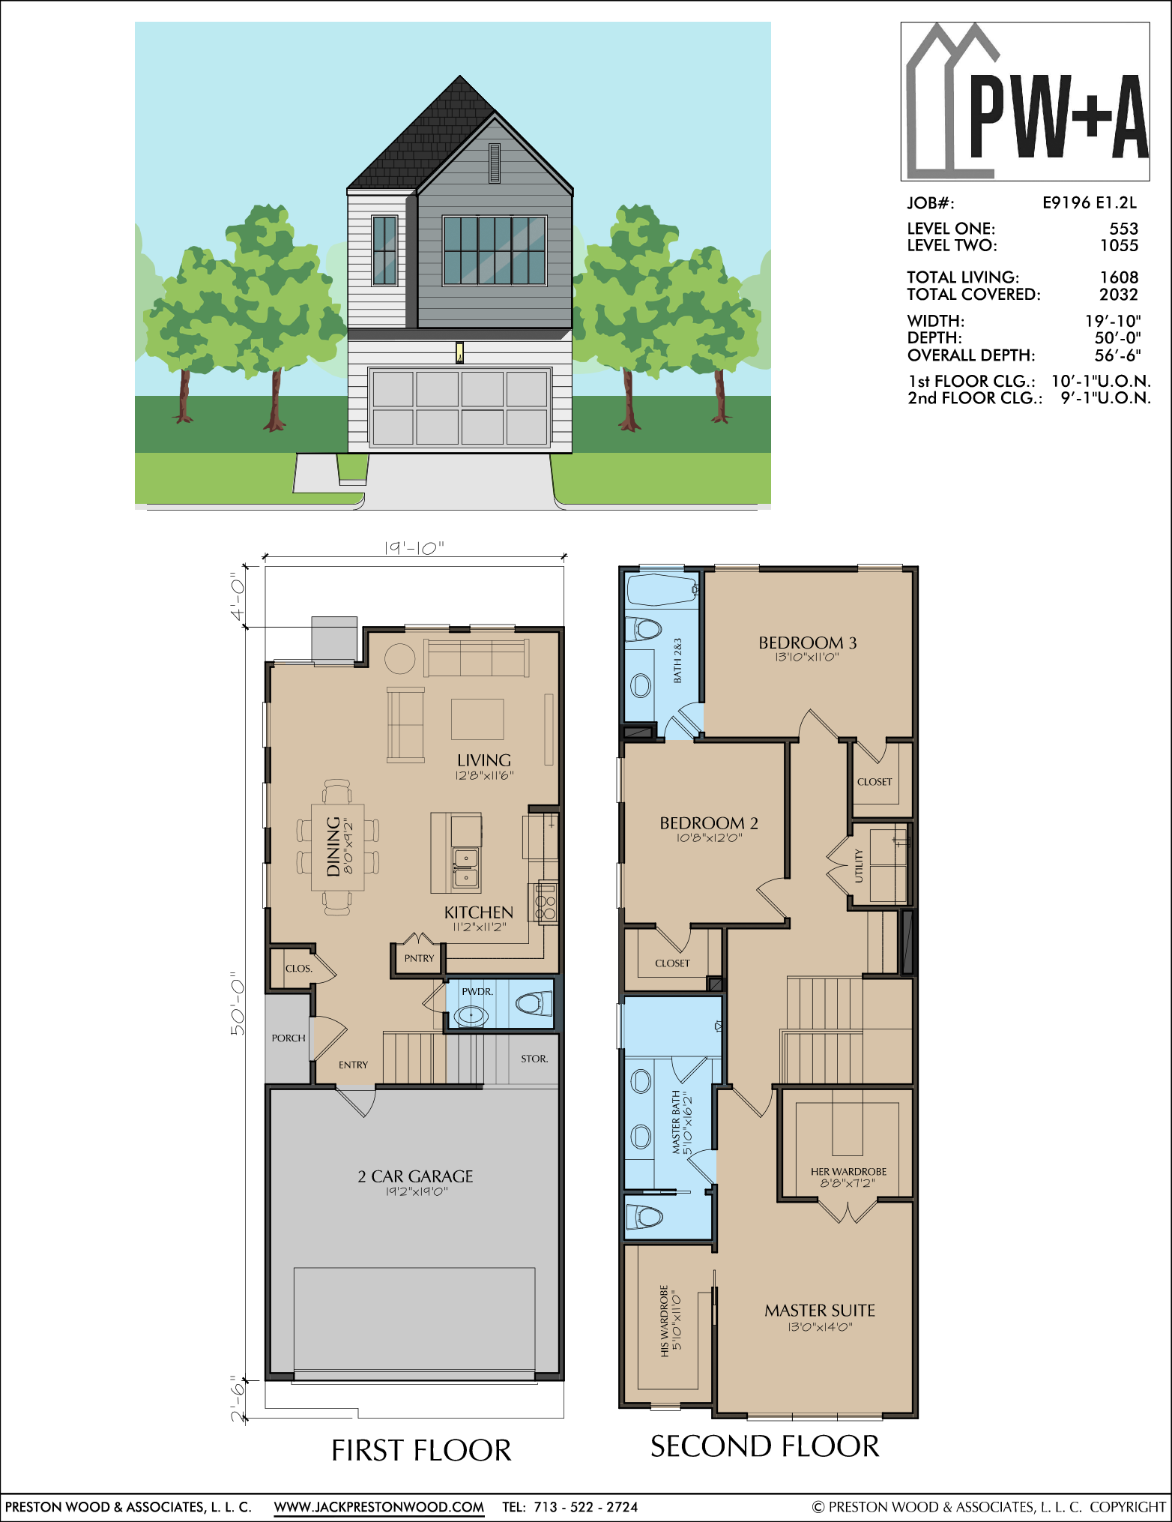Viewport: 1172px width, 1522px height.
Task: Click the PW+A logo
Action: click(1025, 101)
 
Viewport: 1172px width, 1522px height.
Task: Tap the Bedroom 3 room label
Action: click(807, 643)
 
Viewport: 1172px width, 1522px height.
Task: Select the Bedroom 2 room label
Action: click(708, 822)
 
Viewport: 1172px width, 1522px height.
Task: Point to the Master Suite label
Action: click(820, 1310)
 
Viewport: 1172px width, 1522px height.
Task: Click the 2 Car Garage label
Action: click(415, 1176)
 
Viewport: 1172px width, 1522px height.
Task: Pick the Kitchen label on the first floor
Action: click(479, 912)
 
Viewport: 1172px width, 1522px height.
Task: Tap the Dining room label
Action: click(333, 846)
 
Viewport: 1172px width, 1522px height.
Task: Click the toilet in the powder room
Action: click(534, 1002)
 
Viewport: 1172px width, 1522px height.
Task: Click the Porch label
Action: click(289, 1038)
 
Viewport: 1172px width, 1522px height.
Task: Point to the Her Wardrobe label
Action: click(848, 1171)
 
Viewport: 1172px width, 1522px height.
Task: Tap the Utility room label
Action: click(859, 866)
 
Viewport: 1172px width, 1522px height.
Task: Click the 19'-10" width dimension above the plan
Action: click(414, 548)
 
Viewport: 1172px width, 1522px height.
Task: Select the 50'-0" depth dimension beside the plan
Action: click(238, 1004)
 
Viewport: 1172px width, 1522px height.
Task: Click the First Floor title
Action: click(421, 1451)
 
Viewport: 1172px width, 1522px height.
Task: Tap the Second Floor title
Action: click(764, 1446)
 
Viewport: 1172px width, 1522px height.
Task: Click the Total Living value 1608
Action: click(1119, 277)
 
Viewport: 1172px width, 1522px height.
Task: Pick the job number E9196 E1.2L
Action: click(1090, 202)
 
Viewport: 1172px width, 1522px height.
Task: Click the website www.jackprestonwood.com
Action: click(379, 1507)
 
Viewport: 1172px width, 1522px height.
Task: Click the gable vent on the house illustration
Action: click(495, 163)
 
